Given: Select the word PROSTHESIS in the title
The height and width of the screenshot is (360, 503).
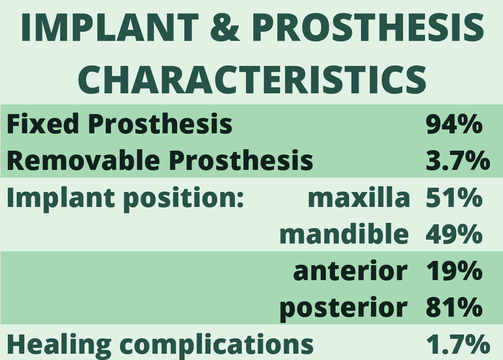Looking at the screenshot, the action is click(368, 27).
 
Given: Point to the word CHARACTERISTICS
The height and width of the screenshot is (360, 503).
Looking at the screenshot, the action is click(252, 79).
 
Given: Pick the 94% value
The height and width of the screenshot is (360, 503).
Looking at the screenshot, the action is click(454, 124).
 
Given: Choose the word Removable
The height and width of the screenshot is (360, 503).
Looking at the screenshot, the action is click(83, 160).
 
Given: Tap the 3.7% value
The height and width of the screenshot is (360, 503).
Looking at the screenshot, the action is click(458, 160).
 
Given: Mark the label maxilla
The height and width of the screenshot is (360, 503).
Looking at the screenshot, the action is click(359, 197).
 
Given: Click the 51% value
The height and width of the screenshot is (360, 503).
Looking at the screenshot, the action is click(454, 197).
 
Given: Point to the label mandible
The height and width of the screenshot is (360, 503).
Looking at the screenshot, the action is click(344, 233).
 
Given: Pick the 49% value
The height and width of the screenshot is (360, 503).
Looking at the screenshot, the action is click(454, 234).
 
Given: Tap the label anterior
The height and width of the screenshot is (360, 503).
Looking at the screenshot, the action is click(350, 271).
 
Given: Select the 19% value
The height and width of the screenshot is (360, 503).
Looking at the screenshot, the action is click(454, 271).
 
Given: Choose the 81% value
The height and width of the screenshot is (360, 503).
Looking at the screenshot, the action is click(454, 308).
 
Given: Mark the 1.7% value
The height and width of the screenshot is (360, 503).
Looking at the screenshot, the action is click(458, 344).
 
